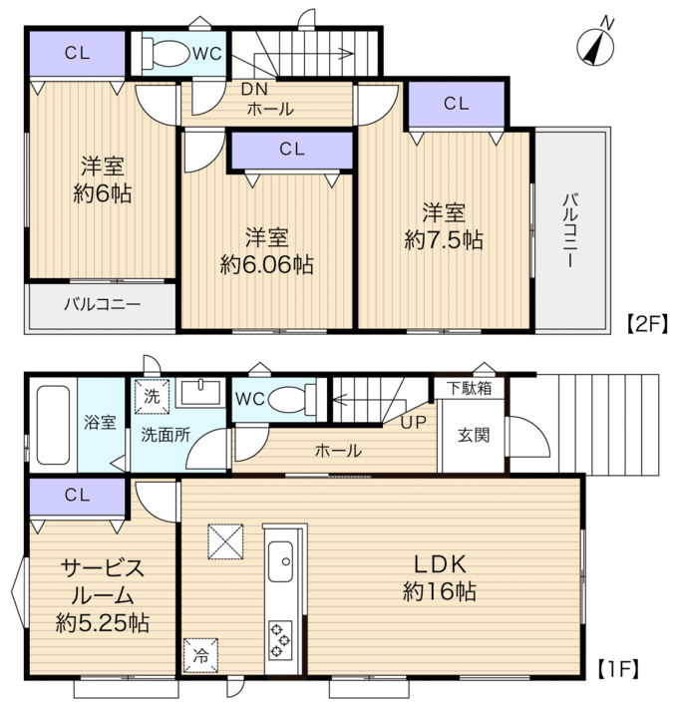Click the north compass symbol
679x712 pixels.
click(595, 47)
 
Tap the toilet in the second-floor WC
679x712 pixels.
click(166, 54)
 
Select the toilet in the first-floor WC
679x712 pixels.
click(293, 400)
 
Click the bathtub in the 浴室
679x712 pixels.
click(53, 425)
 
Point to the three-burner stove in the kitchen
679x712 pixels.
click(279, 639)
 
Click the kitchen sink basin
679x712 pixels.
click(280, 561)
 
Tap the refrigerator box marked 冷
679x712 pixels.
click(200, 656)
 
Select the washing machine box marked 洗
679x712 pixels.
click(152, 397)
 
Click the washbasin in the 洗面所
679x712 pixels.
click(201, 393)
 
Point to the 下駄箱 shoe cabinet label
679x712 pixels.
click(469, 388)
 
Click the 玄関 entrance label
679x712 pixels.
click(474, 435)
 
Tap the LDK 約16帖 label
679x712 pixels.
click(440, 578)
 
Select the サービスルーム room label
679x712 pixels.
click(103, 581)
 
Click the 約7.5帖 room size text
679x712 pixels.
click(444, 239)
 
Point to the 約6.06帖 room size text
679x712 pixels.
click(267, 264)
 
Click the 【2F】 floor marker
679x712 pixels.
click(648, 324)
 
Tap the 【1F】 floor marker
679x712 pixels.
click(618, 668)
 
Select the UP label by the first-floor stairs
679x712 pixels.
click(414, 423)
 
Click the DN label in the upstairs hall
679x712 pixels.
click(254, 90)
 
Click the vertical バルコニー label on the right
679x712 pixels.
click(570, 230)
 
